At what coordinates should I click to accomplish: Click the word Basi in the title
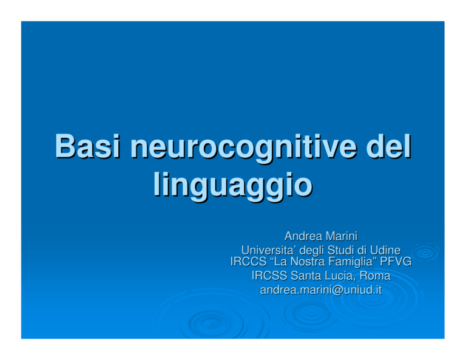pyautogui.click(x=87, y=146)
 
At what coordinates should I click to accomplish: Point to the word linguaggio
pyautogui.click(x=233, y=186)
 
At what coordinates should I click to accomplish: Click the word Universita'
pyautogui.click(x=269, y=250)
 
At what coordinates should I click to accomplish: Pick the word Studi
pyautogui.click(x=340, y=250)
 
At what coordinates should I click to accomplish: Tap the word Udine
pyautogui.click(x=385, y=250)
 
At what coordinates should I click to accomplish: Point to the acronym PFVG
pyautogui.click(x=396, y=262)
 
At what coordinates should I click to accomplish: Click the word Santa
pyautogui.click(x=305, y=276)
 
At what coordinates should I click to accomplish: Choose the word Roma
pyautogui.click(x=375, y=276)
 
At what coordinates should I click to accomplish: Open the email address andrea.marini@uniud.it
pyautogui.click(x=321, y=290)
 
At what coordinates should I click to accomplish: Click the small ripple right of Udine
pyautogui.click(x=425, y=253)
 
